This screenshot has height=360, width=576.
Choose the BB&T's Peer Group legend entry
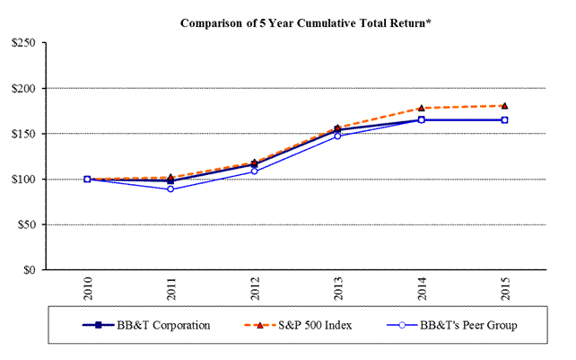(x=445, y=326)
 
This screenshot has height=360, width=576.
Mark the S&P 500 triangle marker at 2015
(x=504, y=106)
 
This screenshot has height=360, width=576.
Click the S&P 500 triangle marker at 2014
(x=421, y=108)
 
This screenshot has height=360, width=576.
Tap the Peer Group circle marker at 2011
(x=170, y=189)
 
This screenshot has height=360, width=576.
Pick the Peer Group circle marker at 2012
(x=254, y=171)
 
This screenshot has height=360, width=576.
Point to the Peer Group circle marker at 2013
(x=337, y=136)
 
